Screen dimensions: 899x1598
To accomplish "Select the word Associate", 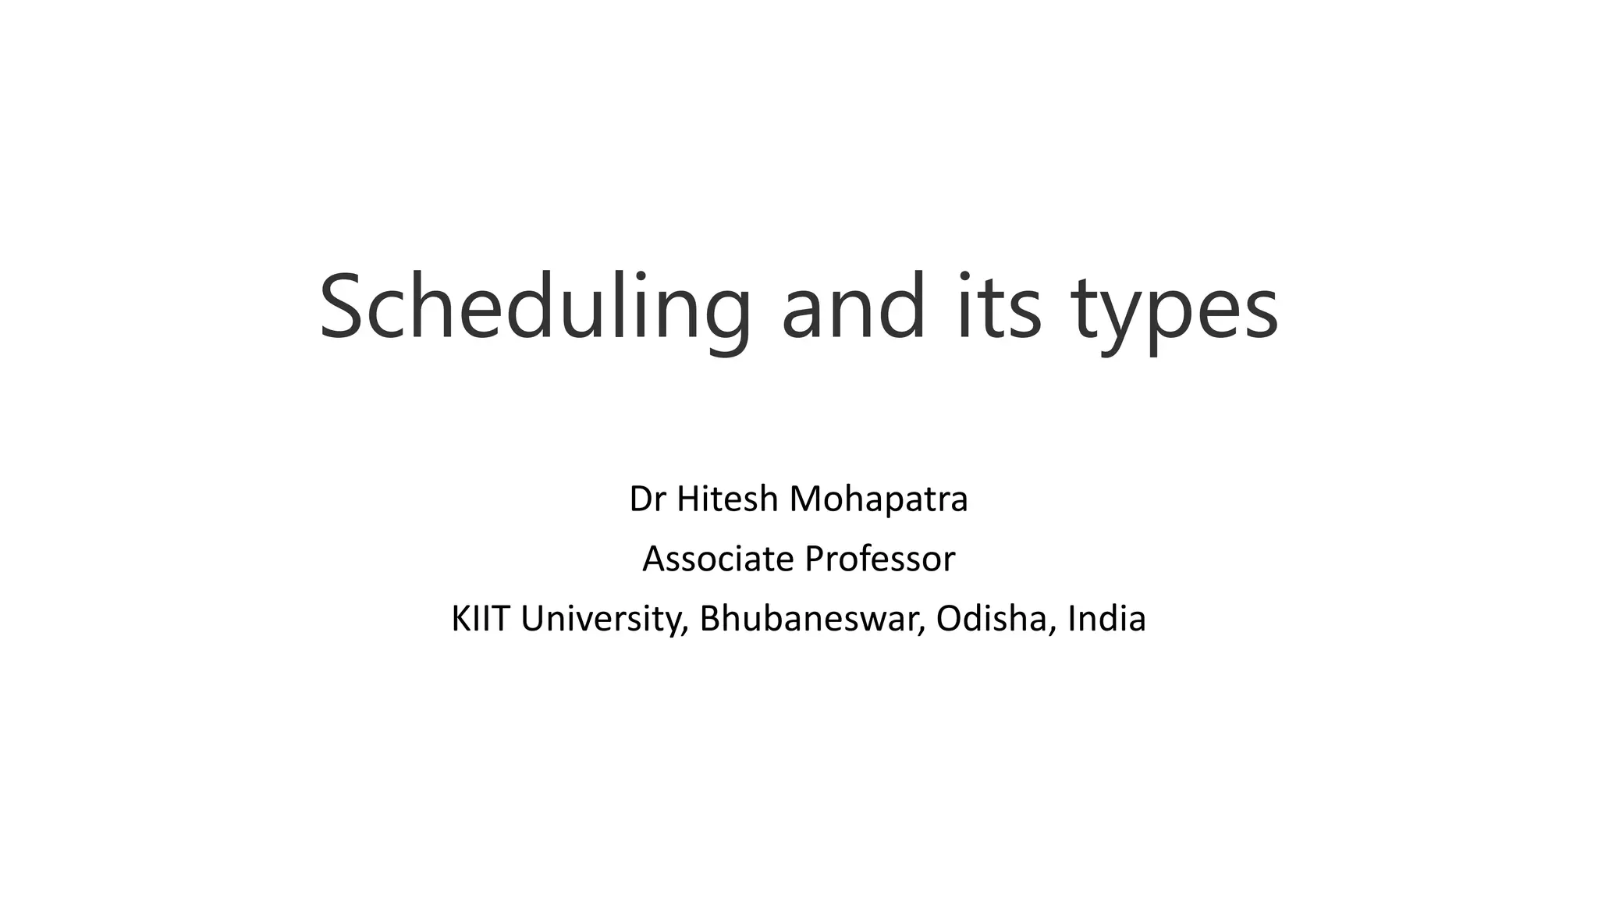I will (718, 559).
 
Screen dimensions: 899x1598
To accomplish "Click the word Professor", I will (879, 559).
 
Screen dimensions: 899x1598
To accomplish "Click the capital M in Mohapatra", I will (808, 499).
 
